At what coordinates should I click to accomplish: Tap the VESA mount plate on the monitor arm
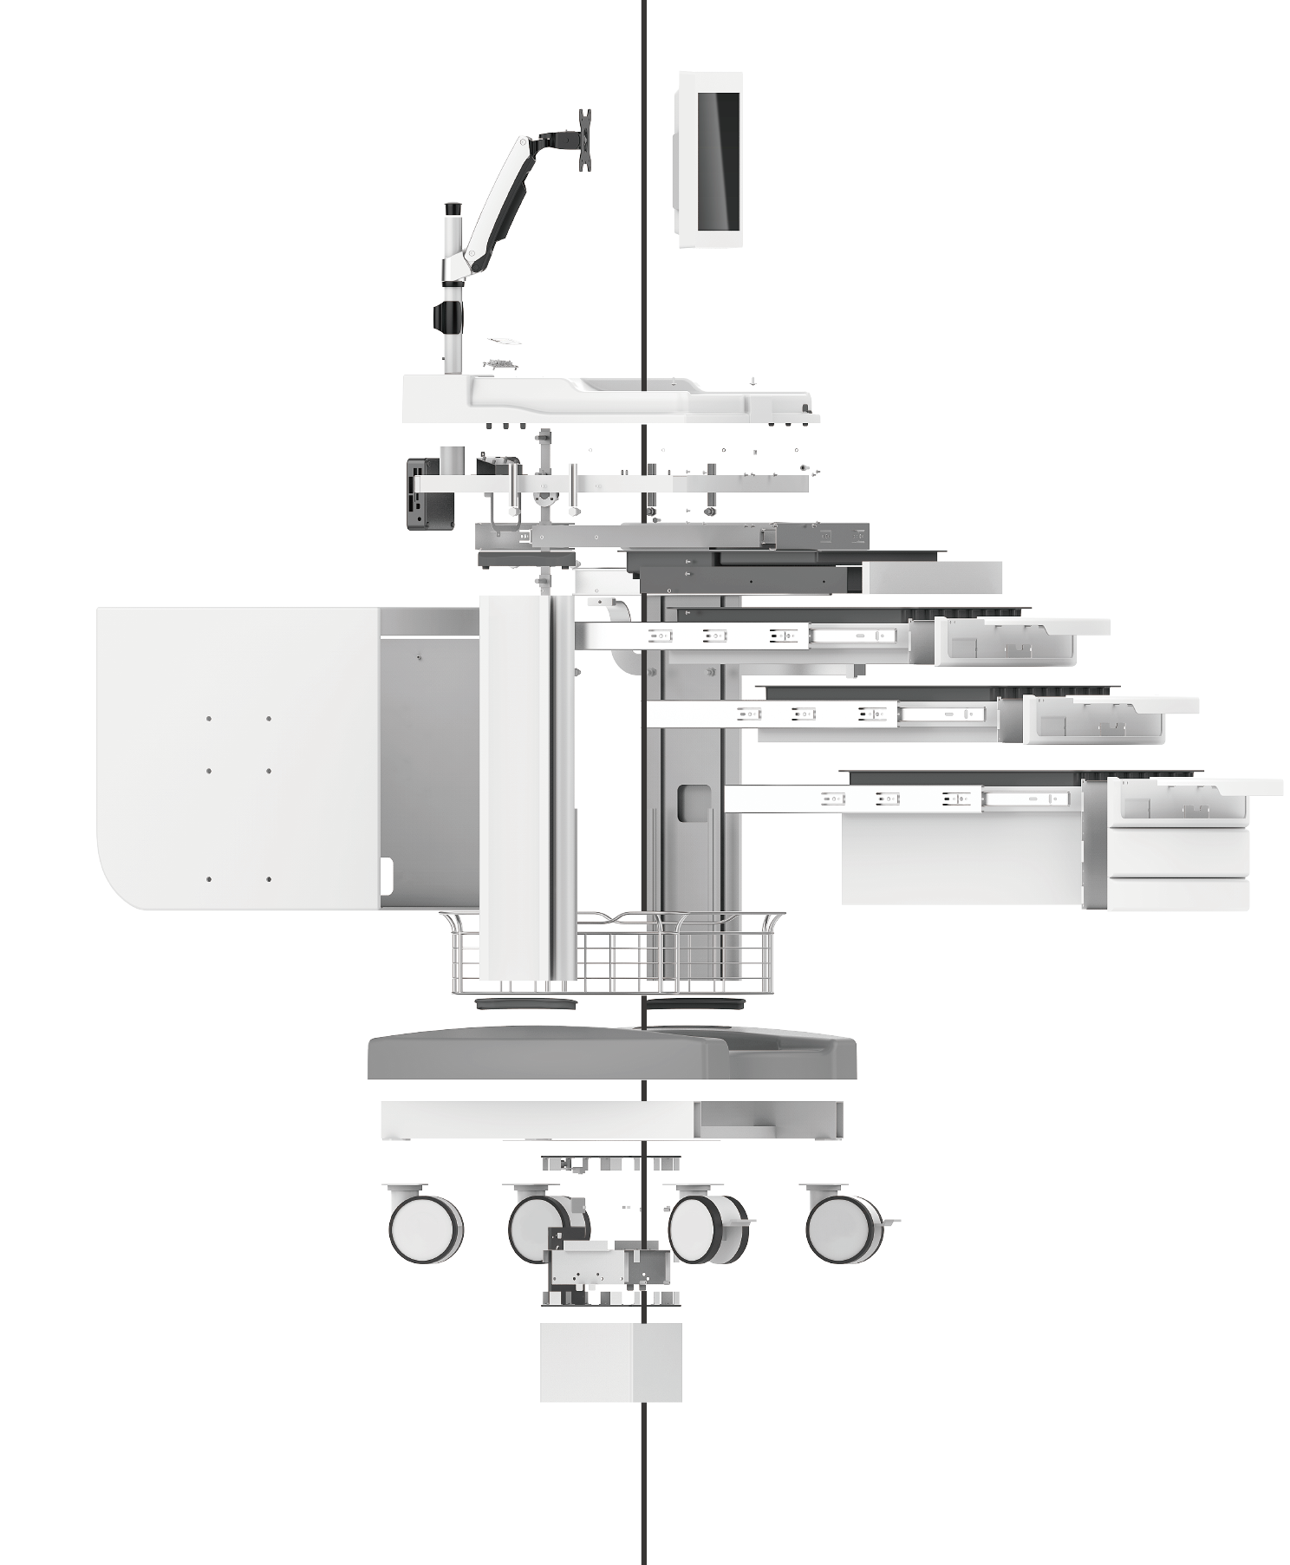[585, 139]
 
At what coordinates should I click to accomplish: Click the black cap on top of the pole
[453, 209]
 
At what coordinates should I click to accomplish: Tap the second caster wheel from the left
[542, 1224]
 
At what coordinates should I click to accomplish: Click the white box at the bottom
[610, 1361]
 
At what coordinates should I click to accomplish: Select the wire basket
[613, 954]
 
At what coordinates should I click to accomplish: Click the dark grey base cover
[611, 1054]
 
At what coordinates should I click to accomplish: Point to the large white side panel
[238, 757]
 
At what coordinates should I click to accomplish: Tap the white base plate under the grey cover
[610, 1119]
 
